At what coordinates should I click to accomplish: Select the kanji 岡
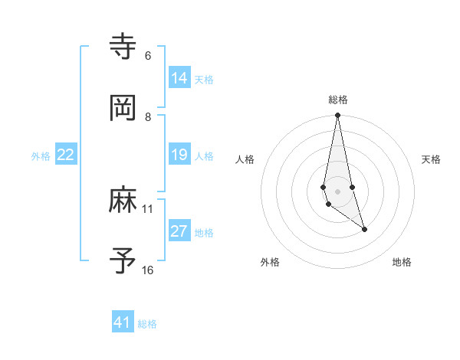(123, 108)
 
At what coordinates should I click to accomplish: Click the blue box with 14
(179, 77)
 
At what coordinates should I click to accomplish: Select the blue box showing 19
(179, 155)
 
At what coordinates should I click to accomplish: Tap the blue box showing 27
(179, 231)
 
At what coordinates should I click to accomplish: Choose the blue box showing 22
(66, 155)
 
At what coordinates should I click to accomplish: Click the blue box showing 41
(123, 322)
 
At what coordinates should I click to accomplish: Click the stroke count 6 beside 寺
(148, 56)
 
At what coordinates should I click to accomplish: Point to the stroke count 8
(148, 116)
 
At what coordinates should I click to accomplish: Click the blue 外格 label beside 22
(41, 156)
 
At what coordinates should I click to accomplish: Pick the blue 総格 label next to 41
(147, 324)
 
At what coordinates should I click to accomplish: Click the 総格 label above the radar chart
(338, 100)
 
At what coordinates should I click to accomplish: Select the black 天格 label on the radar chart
(431, 159)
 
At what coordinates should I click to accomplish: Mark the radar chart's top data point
(337, 116)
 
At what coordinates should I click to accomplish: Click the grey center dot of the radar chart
(337, 191)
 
